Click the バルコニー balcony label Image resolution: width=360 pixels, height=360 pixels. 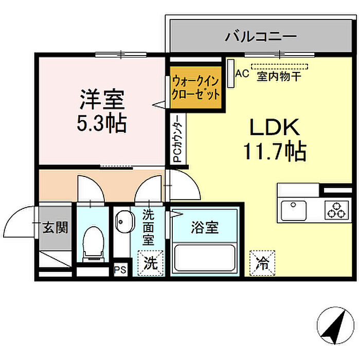261,37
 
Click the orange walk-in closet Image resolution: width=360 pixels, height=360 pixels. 196,88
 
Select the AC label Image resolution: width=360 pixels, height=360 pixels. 242,74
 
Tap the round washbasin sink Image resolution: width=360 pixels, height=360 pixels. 122,222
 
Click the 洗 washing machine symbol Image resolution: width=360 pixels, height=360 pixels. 150,263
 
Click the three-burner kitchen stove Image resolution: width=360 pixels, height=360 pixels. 337,209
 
